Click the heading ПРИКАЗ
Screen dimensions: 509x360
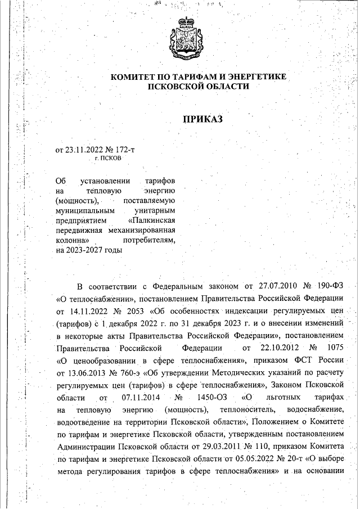[203, 119]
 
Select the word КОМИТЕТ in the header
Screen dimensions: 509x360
[131, 76]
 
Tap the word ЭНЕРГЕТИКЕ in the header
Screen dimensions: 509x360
[255, 76]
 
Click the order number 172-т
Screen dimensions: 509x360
[124, 150]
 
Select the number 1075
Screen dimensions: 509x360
[332, 348]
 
